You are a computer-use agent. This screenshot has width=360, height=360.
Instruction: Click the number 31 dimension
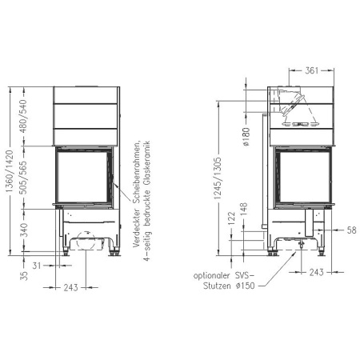point(38,265)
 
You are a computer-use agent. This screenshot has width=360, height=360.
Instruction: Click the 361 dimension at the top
point(301,70)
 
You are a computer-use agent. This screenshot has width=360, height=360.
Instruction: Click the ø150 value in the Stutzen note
point(246,286)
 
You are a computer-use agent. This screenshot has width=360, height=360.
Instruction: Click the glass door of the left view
point(83,176)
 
